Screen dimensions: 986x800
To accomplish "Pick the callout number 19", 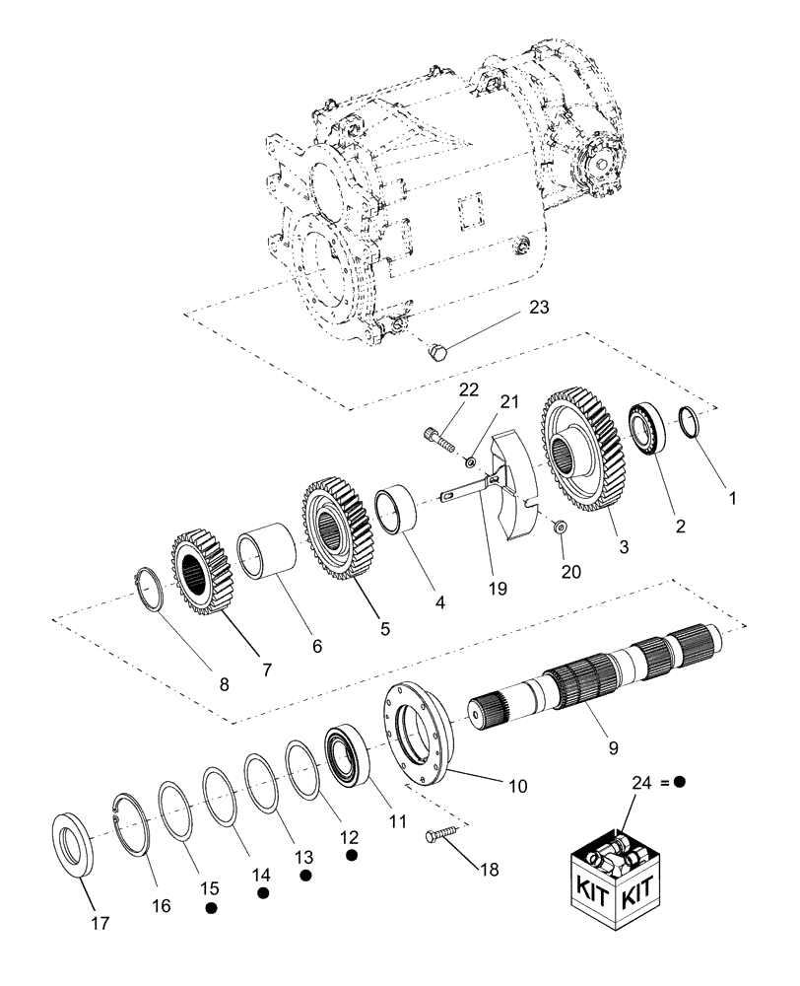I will click(x=497, y=589).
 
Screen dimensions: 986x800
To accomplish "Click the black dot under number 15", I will click(x=211, y=908).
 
